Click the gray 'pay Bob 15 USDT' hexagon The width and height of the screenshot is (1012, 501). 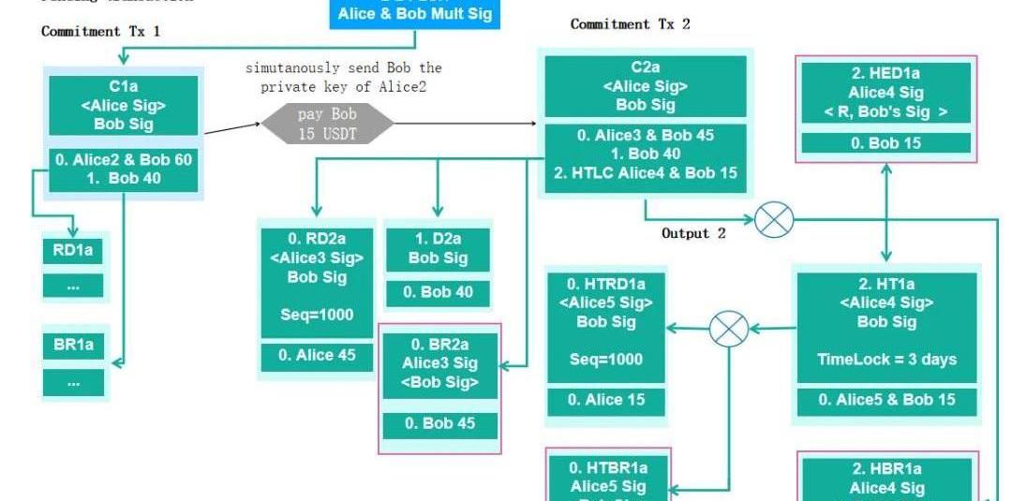[x=327, y=123]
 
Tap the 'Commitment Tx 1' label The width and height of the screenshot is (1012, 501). [x=100, y=32]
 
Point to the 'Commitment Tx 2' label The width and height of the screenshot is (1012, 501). [x=630, y=24]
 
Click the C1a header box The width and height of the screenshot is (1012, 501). [x=124, y=105]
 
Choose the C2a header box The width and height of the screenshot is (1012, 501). [x=645, y=86]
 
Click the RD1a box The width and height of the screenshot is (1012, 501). [x=73, y=250]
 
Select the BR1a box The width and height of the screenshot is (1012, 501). [x=73, y=345]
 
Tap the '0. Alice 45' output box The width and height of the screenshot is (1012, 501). [x=316, y=356]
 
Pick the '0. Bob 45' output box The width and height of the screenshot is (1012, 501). [x=439, y=423]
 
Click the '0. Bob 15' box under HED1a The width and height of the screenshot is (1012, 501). [x=885, y=143]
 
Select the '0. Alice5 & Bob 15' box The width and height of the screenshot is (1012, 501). [x=886, y=400]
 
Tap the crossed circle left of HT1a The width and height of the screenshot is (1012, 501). [x=729, y=329]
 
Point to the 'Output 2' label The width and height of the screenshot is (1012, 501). [x=693, y=233]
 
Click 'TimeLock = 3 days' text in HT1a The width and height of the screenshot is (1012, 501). [x=886, y=360]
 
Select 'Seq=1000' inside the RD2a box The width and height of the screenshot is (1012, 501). [x=316, y=315]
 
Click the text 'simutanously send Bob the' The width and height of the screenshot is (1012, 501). [x=343, y=68]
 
